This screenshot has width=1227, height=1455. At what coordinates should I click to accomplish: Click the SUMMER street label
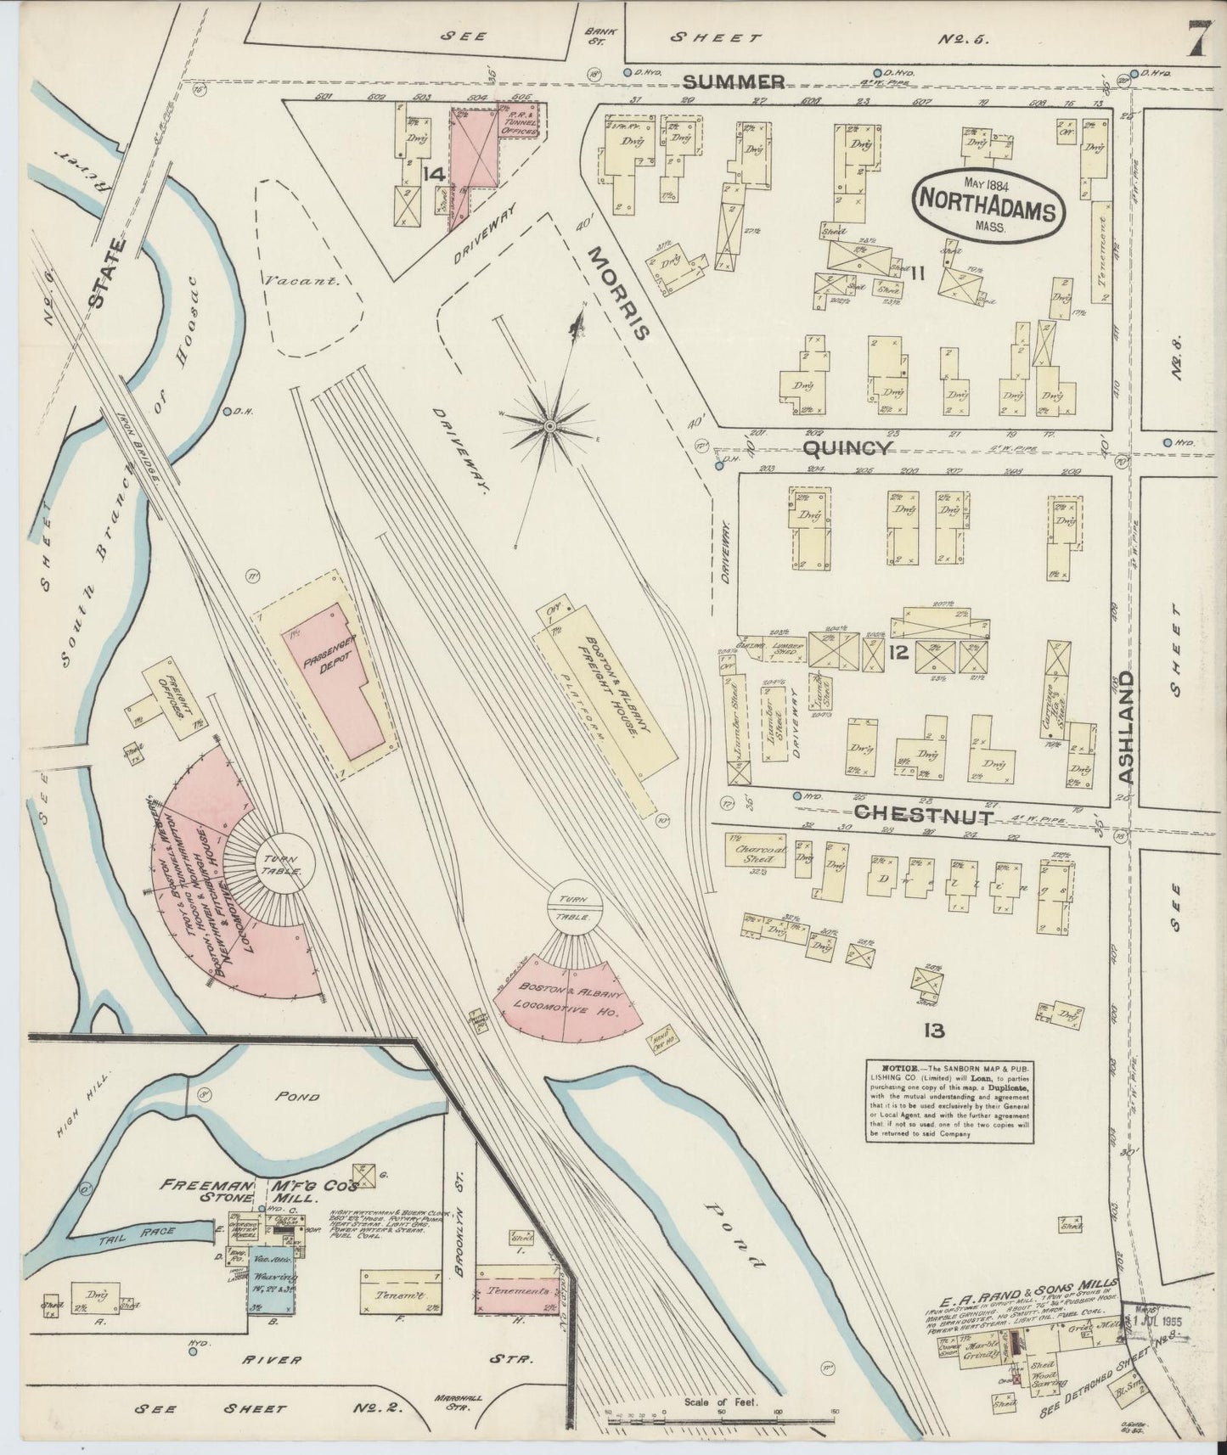click(x=734, y=81)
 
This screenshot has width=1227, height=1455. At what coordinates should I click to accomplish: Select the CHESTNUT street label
click(x=923, y=815)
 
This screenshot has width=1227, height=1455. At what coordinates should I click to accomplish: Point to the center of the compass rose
click(x=549, y=424)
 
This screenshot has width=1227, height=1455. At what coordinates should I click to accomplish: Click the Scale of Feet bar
click(x=721, y=1413)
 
